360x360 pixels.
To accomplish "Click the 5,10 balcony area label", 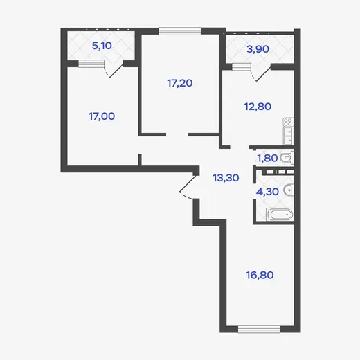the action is click(x=102, y=46).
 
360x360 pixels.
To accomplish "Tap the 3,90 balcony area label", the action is click(x=258, y=49).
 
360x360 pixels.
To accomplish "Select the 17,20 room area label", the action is click(x=180, y=83).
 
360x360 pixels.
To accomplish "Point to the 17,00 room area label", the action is click(x=102, y=116).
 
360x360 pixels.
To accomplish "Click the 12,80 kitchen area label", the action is click(x=258, y=107).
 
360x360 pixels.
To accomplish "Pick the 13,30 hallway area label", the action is click(x=226, y=178).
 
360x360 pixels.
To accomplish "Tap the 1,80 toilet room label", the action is click(x=267, y=159).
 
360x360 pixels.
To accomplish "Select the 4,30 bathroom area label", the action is click(x=267, y=192).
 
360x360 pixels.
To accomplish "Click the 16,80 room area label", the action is click(x=260, y=275).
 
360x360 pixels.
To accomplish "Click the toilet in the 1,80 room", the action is click(x=287, y=158).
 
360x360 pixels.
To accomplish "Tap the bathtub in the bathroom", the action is click(x=280, y=215).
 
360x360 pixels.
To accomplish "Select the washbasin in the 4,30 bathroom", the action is click(x=289, y=190).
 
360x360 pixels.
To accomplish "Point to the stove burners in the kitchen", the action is click(x=288, y=122).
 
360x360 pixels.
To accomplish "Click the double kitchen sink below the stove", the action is click(x=288, y=136).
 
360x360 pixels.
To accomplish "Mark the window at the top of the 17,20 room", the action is click(x=180, y=31).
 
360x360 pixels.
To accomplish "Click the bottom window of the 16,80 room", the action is click(x=259, y=329).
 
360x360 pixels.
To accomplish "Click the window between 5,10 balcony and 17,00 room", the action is click(x=91, y=64).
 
